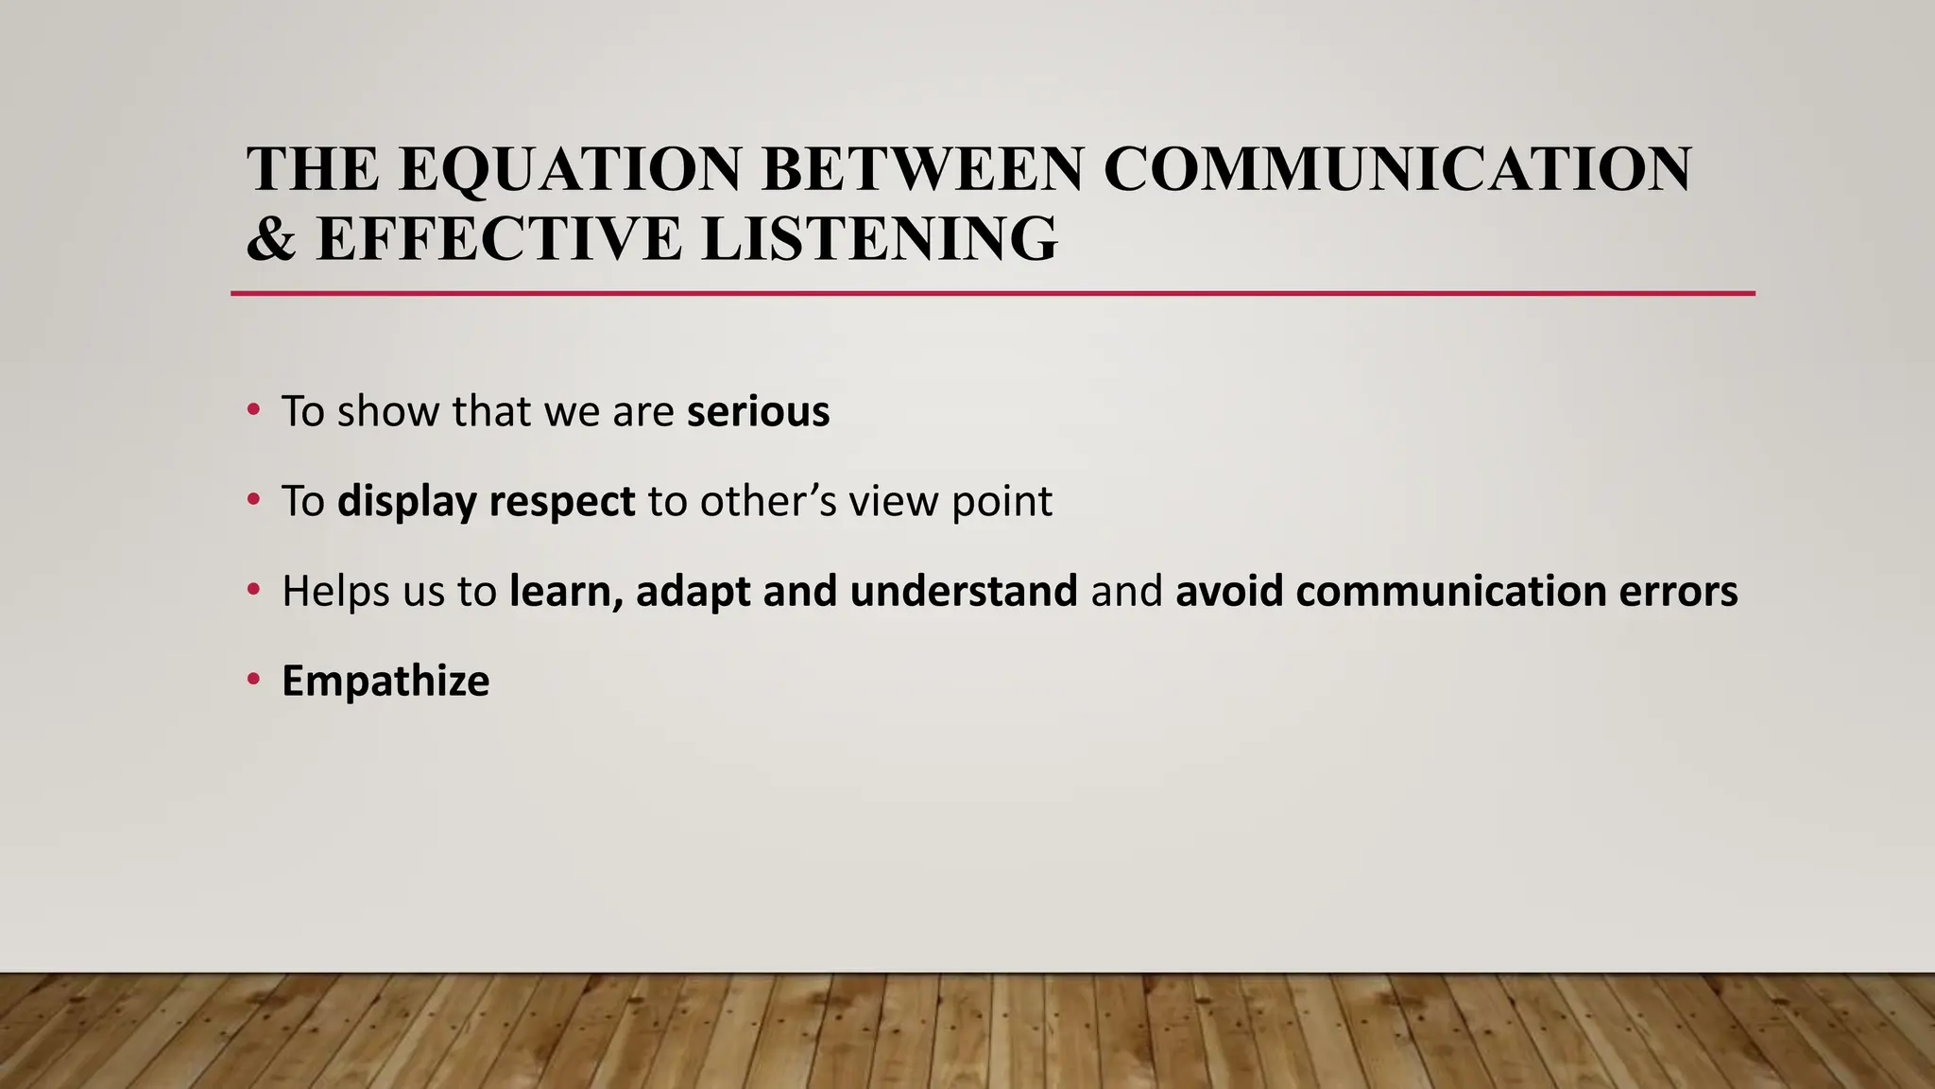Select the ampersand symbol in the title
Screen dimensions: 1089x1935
point(270,238)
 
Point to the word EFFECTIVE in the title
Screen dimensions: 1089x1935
point(500,238)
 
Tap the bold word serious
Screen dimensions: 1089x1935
point(758,411)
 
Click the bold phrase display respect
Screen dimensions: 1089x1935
point(486,501)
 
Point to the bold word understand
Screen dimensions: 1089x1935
point(964,591)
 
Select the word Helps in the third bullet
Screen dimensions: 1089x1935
point(336,591)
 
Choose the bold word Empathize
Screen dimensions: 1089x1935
point(385,681)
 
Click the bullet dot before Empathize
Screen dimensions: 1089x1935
point(252,680)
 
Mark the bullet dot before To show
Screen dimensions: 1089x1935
point(252,410)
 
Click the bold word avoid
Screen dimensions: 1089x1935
point(1229,591)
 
